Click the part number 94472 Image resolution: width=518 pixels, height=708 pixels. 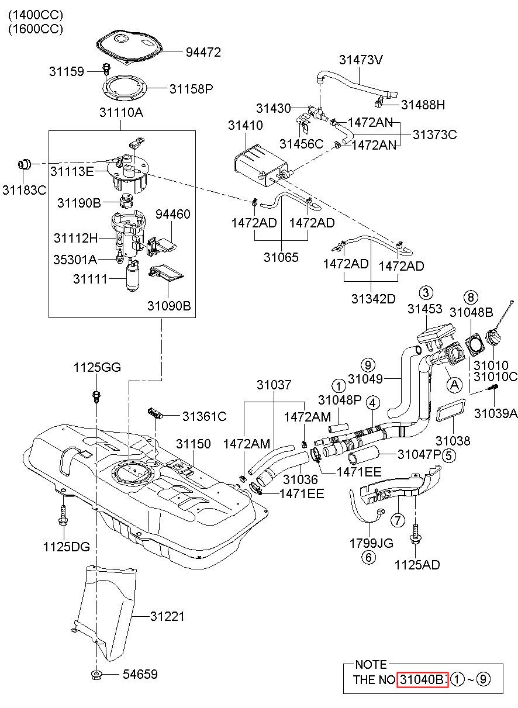(203, 52)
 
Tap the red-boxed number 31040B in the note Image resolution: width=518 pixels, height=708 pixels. (422, 679)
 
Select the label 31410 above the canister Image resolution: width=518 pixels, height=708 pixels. (245, 126)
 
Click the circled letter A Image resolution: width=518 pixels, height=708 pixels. (454, 385)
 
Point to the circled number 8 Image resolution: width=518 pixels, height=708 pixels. (470, 297)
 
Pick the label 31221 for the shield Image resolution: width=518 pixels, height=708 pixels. (167, 616)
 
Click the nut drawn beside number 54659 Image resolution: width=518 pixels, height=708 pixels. (96, 674)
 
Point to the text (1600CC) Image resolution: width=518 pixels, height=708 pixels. (36, 29)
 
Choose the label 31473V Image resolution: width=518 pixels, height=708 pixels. (361, 60)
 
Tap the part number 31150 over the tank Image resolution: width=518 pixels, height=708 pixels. (193, 444)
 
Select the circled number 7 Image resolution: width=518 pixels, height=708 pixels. (398, 520)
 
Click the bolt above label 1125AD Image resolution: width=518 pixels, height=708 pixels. (415, 535)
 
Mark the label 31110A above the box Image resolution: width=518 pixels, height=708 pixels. (121, 112)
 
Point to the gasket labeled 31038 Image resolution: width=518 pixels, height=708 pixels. (450, 410)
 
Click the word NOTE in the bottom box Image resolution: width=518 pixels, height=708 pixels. (371, 665)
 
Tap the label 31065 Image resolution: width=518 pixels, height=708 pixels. (281, 257)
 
